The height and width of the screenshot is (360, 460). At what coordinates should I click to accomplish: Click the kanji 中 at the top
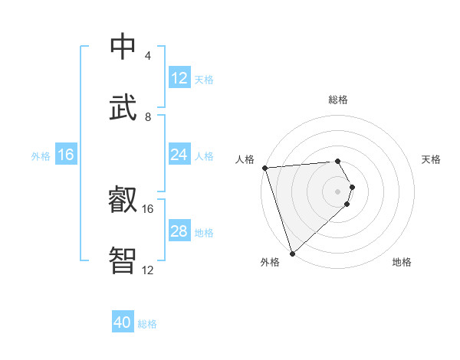pos(123,47)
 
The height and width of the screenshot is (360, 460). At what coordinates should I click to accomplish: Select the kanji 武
pos(123,107)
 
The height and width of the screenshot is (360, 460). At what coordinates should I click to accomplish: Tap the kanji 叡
pos(123,201)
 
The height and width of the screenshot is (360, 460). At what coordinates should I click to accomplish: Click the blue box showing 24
pos(179,155)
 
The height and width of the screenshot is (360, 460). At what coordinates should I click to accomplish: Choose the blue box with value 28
pos(179,232)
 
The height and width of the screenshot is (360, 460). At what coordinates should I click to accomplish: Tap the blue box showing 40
pos(123,323)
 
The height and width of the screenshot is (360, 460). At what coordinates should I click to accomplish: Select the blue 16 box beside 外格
pos(66,155)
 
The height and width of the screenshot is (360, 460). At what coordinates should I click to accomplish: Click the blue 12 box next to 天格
pos(179,78)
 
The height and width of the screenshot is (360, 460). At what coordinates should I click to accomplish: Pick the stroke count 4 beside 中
pos(147,56)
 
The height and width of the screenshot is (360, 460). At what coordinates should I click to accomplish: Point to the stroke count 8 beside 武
pos(148,116)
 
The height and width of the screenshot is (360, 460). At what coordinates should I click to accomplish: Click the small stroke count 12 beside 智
pos(148,270)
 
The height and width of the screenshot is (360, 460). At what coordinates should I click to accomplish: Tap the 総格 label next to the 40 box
pos(147,324)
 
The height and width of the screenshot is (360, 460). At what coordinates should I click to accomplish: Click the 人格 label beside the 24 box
pos(204,156)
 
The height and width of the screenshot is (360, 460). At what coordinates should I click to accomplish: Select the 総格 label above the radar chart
pos(338,100)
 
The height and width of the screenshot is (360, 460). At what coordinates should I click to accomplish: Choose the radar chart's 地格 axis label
pos(402,262)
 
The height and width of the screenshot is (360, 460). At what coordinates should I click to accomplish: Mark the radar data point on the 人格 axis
pos(264,168)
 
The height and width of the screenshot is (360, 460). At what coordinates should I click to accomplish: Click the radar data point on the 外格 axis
pos(292,253)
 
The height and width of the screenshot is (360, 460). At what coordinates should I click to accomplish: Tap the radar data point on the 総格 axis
pos(337,161)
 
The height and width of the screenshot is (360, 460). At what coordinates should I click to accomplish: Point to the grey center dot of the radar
pos(338,191)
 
